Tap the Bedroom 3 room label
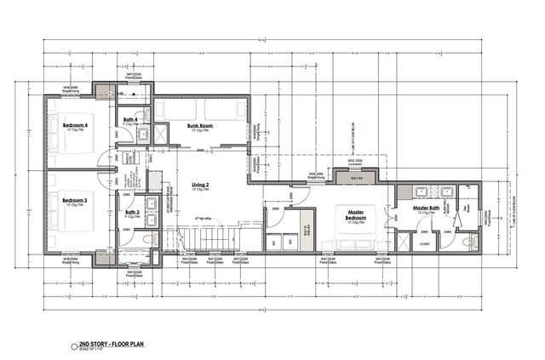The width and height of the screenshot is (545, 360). tap(75, 201)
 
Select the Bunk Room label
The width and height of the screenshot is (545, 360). tap(200, 126)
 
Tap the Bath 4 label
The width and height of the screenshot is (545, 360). tap(130, 119)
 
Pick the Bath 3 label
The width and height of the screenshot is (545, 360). tap(131, 212)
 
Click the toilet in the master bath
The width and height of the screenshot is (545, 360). tap(468, 242)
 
